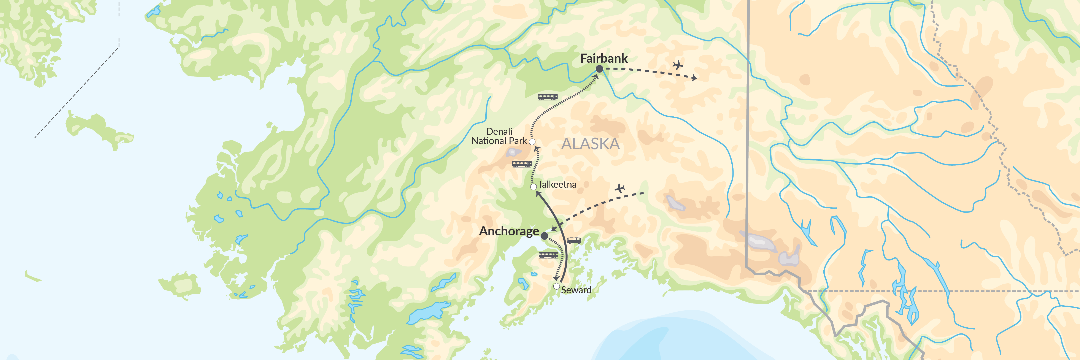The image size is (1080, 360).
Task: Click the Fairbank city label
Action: point(604,59)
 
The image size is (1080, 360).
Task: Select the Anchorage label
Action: point(509,231)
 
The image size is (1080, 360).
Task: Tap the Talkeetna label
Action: point(557,184)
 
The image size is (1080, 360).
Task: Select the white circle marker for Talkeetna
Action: point(533,187)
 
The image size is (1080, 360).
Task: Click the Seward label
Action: point(576,290)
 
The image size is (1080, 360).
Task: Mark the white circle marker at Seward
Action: point(556,286)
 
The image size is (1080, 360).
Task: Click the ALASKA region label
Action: point(590,144)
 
